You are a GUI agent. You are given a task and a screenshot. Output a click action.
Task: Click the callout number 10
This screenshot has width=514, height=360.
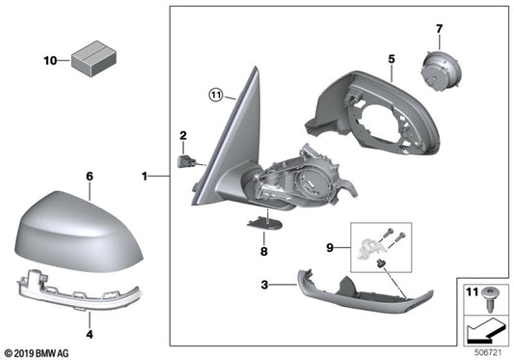50,61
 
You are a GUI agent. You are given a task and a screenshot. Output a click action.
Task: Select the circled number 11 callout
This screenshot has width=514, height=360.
216,95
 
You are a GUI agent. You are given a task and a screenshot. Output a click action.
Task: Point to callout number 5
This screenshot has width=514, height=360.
391,59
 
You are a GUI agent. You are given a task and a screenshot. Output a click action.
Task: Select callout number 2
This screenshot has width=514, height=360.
180,134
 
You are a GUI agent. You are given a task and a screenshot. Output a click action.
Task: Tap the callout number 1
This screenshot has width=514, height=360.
145,177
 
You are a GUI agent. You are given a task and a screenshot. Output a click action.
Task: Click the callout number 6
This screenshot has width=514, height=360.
89,177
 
